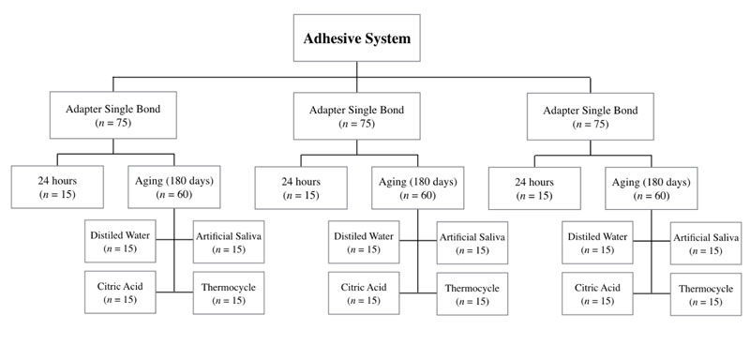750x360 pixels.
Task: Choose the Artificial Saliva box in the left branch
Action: (229, 241)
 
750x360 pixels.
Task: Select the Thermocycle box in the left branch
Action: (229, 292)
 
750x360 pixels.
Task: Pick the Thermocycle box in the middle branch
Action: (471, 292)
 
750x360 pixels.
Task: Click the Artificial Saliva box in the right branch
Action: (705, 242)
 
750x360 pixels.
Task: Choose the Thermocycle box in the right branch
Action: (705, 293)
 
